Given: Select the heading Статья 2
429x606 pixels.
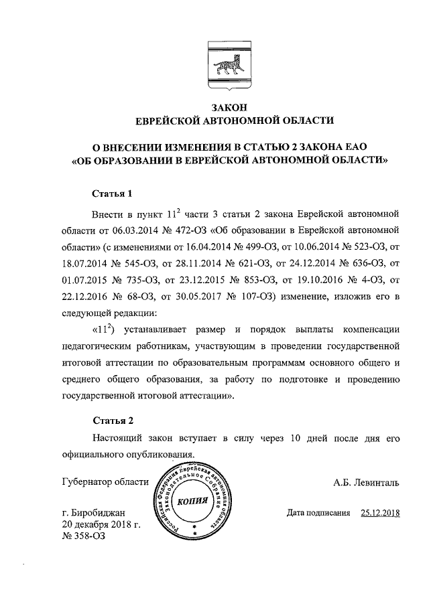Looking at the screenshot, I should pyautogui.click(x=112, y=421).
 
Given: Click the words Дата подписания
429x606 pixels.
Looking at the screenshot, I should pyautogui.click(x=318, y=514).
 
